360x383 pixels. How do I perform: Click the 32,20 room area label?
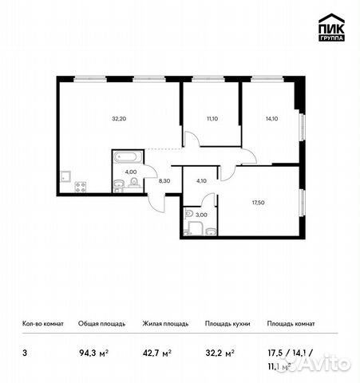[119, 118]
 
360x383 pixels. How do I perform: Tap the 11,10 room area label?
[212, 118]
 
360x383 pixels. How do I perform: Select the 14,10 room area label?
[271, 118]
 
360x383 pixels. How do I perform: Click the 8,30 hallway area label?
[165, 182]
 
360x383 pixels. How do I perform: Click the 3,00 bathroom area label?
[201, 214]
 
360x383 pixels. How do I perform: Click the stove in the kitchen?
[81, 187]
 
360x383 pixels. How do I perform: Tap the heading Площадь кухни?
[227, 324]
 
